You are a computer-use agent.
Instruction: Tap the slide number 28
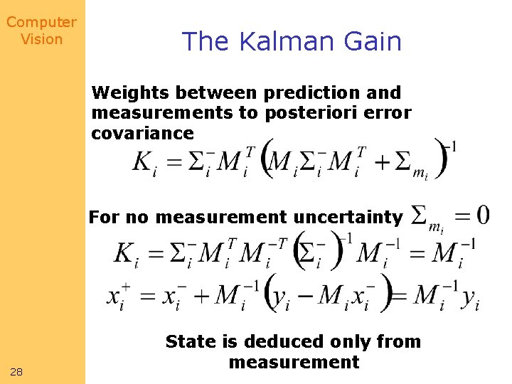click(16, 372)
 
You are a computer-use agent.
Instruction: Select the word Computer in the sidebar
click(41, 22)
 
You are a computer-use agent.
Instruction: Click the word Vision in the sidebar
click(41, 39)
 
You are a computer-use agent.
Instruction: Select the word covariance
click(142, 134)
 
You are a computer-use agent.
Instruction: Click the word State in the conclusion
click(191, 341)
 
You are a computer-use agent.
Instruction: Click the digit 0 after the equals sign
click(481, 214)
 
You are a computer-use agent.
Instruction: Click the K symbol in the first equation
click(143, 162)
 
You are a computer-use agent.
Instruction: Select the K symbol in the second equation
click(127, 252)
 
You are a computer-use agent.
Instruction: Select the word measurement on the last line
click(294, 362)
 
